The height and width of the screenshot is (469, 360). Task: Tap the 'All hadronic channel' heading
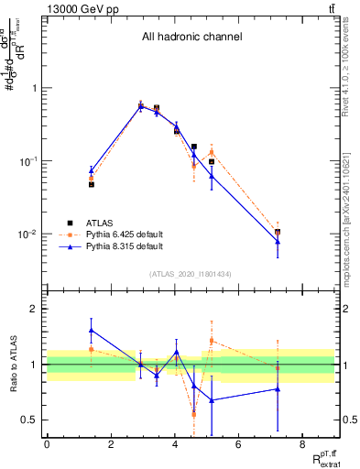click(191, 38)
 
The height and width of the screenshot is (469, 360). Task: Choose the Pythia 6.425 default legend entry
click(110, 234)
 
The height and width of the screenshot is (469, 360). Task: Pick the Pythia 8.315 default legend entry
click(110, 246)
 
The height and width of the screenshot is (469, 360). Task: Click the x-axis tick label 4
click(174, 445)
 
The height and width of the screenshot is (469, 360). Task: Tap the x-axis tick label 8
click(301, 445)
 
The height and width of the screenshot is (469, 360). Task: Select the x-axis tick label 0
click(47, 445)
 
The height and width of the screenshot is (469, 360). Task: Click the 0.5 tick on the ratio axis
click(29, 420)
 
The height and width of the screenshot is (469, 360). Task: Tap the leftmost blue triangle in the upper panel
click(91, 170)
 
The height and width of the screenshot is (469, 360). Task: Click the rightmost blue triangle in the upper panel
click(278, 241)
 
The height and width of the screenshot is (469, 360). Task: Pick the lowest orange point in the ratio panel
click(194, 414)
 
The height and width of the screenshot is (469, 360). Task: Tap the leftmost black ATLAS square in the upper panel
click(91, 184)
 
